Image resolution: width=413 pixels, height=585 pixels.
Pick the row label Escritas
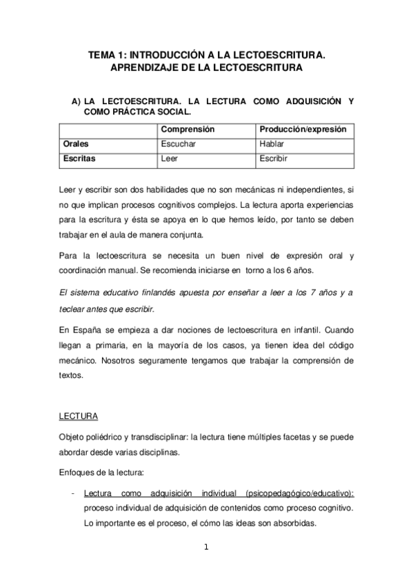[79, 158]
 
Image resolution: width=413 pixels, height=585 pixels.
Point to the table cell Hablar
[272, 144]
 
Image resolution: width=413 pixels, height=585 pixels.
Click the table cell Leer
[169, 158]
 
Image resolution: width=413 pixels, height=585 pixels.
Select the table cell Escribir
[273, 158]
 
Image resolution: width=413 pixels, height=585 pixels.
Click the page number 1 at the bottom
[205, 548]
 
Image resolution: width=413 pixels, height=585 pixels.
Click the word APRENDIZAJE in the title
[145, 68]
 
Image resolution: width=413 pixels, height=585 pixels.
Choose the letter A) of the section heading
[77, 101]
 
